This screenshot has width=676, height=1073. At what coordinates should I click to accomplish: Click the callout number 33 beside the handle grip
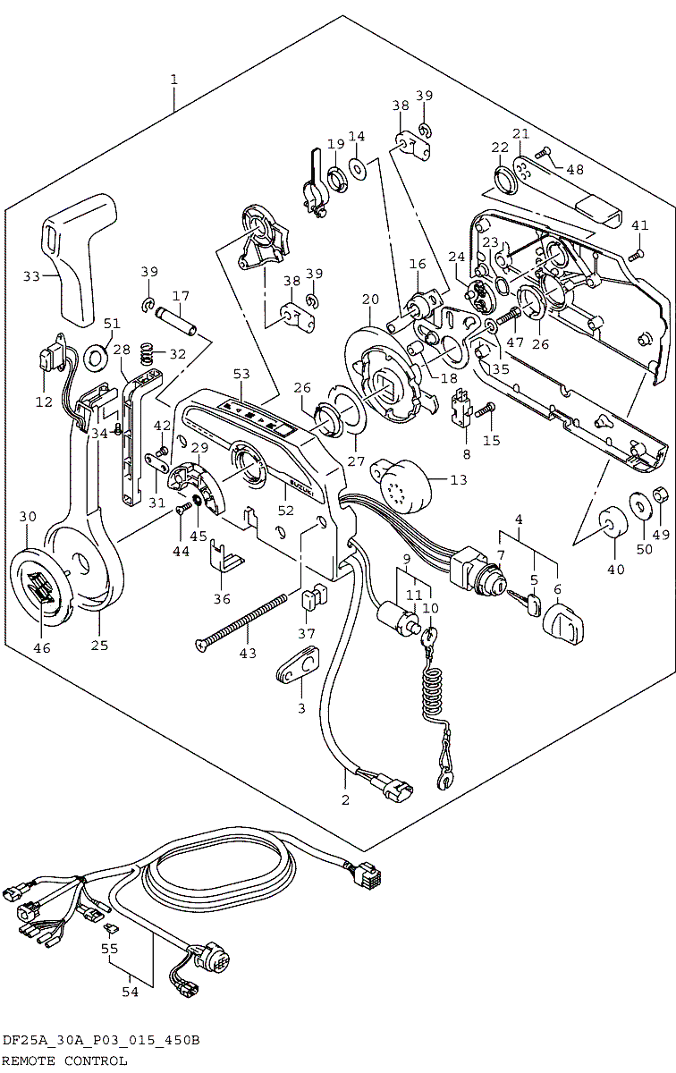[31, 276]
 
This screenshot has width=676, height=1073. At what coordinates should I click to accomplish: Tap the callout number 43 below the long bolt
[248, 654]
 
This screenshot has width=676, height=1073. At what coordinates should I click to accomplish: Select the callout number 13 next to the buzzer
[459, 480]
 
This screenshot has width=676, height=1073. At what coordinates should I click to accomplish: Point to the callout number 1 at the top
[173, 80]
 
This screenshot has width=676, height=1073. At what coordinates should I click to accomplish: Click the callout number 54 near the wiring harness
[131, 991]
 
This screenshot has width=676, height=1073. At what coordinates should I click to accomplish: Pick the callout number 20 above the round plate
[370, 299]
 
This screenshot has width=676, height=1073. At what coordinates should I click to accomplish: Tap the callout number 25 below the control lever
[99, 645]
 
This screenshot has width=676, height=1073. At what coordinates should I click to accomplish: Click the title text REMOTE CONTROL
[64, 1060]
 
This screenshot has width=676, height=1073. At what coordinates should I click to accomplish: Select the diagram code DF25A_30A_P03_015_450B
[100, 1041]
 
